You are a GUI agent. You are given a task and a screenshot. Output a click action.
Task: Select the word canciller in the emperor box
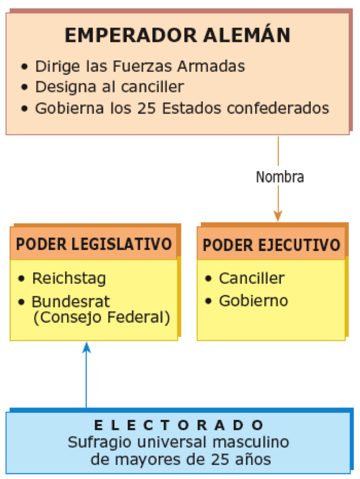[x=153, y=87]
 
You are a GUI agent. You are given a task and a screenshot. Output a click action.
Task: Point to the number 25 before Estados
[x=146, y=108]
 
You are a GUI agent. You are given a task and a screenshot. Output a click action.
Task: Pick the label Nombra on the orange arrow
[x=280, y=177]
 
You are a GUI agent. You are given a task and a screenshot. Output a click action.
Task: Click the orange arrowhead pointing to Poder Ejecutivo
[x=278, y=216]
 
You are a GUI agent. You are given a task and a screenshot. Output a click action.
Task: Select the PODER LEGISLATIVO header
[x=94, y=244]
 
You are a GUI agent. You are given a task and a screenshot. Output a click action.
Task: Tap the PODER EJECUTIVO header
[x=271, y=245]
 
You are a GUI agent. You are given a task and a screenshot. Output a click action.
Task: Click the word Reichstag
[x=69, y=279]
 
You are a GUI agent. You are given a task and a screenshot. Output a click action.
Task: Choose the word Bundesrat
[x=70, y=302]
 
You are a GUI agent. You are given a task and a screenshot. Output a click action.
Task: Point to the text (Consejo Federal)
[x=101, y=318]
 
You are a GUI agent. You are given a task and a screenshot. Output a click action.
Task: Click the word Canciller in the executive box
[x=252, y=278]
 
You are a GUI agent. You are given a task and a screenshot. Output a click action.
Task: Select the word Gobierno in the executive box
[x=253, y=301]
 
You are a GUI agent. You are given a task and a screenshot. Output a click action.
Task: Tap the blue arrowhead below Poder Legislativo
[x=86, y=348]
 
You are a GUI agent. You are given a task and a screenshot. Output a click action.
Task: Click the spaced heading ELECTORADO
[x=179, y=425]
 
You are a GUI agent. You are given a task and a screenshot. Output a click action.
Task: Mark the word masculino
[x=251, y=442]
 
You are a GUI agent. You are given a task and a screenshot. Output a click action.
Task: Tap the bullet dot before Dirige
[x=24, y=66]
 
